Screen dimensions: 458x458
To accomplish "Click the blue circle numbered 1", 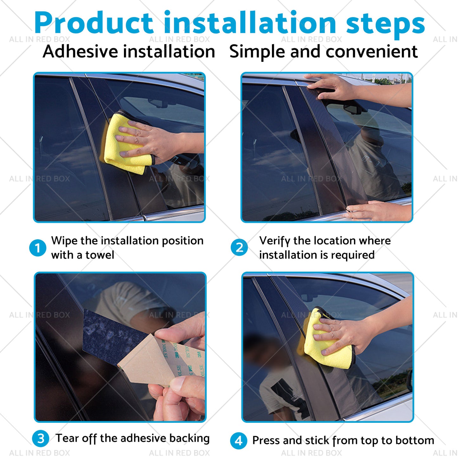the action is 37,248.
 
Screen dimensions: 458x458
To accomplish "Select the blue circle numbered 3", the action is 41,439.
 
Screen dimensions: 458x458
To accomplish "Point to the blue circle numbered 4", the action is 239,441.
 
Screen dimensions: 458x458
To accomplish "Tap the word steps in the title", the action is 385,25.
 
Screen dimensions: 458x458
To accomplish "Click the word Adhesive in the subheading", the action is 80,51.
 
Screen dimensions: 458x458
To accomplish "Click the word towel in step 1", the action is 100,255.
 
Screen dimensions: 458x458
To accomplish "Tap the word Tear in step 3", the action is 67,438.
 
